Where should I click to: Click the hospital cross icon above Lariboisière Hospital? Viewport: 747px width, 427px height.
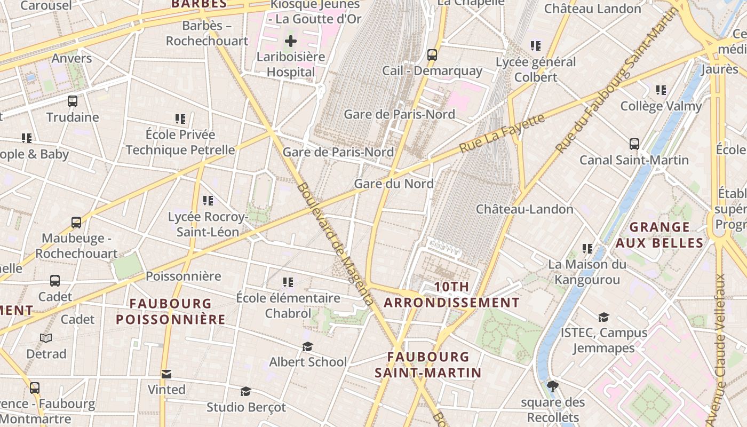(x=291, y=41)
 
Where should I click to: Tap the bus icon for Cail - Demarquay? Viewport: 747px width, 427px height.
(x=432, y=54)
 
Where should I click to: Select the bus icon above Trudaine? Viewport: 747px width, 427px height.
(x=73, y=101)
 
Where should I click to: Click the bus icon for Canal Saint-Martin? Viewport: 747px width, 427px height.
(x=634, y=144)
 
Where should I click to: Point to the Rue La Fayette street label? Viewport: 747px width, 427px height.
(x=502, y=133)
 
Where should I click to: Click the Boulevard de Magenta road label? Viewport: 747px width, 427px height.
(x=335, y=244)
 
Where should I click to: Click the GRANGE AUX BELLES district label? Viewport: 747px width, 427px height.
(x=659, y=235)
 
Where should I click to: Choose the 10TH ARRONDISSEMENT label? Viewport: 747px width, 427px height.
(x=451, y=295)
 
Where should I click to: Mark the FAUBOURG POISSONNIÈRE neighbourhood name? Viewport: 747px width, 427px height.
(x=171, y=311)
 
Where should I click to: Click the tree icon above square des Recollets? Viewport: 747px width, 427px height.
(x=553, y=386)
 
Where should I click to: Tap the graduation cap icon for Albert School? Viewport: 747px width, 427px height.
(x=307, y=347)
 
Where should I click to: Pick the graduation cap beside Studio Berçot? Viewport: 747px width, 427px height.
(x=245, y=392)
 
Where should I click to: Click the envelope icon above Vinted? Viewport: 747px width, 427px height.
(x=166, y=374)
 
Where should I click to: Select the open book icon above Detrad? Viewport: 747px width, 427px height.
(x=46, y=338)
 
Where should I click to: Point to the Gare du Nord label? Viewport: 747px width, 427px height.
(x=394, y=184)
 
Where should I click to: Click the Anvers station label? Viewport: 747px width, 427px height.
(x=72, y=58)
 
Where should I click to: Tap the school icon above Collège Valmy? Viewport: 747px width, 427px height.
(x=661, y=90)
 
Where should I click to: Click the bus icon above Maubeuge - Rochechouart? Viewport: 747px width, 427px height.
(x=76, y=222)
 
